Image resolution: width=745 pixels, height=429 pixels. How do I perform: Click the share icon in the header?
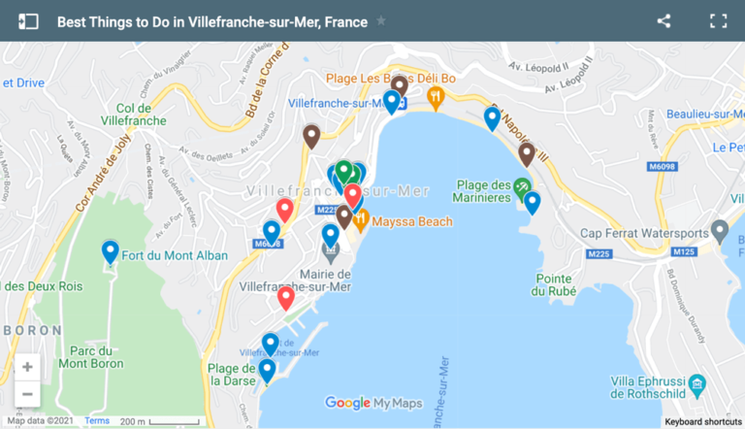coord(664,20)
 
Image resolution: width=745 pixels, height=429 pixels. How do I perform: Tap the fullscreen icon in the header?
coord(718,20)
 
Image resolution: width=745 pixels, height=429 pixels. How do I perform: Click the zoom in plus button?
coord(27,367)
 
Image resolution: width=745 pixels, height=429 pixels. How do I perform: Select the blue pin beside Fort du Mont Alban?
coord(111,251)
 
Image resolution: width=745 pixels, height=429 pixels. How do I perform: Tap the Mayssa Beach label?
coord(411,221)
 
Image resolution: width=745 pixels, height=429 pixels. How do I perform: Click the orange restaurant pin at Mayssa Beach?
coord(361,220)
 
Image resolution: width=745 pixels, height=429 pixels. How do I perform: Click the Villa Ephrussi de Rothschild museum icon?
coord(696,389)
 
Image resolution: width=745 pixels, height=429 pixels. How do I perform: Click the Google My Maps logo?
coord(373,403)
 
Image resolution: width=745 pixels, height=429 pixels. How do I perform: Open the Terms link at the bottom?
coord(97,421)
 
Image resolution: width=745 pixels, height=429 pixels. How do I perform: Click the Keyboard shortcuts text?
coord(702,422)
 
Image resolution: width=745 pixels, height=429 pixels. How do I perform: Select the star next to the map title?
coord(381,21)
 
